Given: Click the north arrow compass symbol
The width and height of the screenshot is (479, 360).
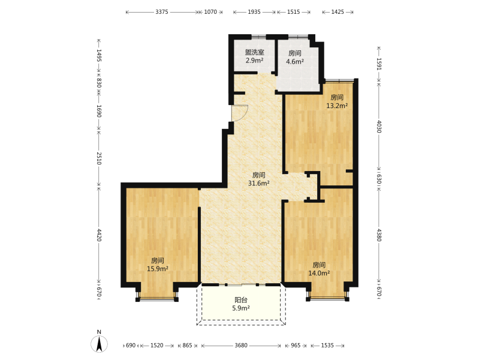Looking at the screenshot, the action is pos(99,343).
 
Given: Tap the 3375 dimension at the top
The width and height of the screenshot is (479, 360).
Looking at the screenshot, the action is pos(162,12).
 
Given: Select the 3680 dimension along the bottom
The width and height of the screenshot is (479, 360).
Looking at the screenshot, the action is pos(241,346).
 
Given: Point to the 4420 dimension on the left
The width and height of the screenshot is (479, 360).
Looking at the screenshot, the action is pos(99,235).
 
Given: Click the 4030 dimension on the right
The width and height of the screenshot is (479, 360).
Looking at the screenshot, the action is pos(379,127).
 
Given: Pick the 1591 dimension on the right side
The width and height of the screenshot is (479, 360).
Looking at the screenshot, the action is pos(379,64).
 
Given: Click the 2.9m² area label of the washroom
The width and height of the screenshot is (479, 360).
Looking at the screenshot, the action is pos(254,60).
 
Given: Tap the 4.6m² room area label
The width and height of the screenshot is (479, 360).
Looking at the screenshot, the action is pos(295,61).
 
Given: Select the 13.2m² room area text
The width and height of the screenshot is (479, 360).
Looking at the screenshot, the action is pos(337,106).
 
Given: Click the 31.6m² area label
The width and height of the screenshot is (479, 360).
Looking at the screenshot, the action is pos(259,183).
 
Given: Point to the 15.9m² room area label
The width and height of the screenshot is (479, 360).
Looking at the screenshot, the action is pos(158,269).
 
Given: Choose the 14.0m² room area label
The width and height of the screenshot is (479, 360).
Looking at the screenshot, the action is pos(319,273).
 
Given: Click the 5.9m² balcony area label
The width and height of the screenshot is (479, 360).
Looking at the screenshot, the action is pos(241,308).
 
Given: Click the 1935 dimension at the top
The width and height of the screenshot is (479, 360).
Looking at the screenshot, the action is pos(254,12).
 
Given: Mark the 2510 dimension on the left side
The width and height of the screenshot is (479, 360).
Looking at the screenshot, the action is pos(99,158).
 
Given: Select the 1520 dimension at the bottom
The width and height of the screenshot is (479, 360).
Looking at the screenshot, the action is pos(156,346).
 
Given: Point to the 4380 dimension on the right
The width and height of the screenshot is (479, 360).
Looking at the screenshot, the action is pos(379,235).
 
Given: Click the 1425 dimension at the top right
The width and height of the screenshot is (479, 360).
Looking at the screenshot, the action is pos(338,12).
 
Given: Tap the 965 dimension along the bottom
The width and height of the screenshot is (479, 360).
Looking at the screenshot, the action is pos(296,346).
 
